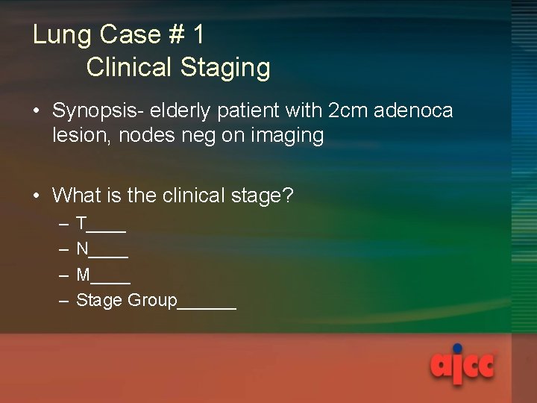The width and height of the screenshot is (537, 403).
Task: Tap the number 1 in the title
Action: tap(198, 35)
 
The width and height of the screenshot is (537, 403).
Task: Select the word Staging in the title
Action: tap(225, 68)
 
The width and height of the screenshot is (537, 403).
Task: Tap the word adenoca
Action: tap(414, 111)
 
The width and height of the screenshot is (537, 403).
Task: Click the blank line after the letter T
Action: tap(107, 229)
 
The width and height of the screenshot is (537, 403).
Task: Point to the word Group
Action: tap(152, 301)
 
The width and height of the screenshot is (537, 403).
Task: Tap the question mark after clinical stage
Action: tap(289, 196)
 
